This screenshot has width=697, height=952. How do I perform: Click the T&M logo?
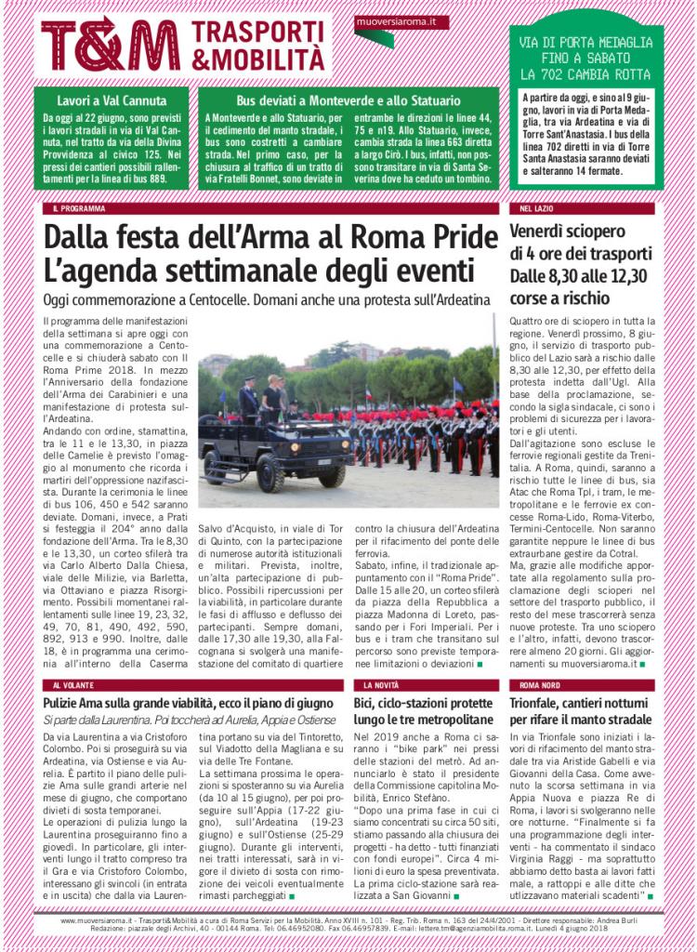(111, 44)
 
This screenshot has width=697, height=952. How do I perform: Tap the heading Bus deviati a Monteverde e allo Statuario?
(348, 99)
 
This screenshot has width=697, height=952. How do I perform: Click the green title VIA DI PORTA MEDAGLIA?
(585, 43)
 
